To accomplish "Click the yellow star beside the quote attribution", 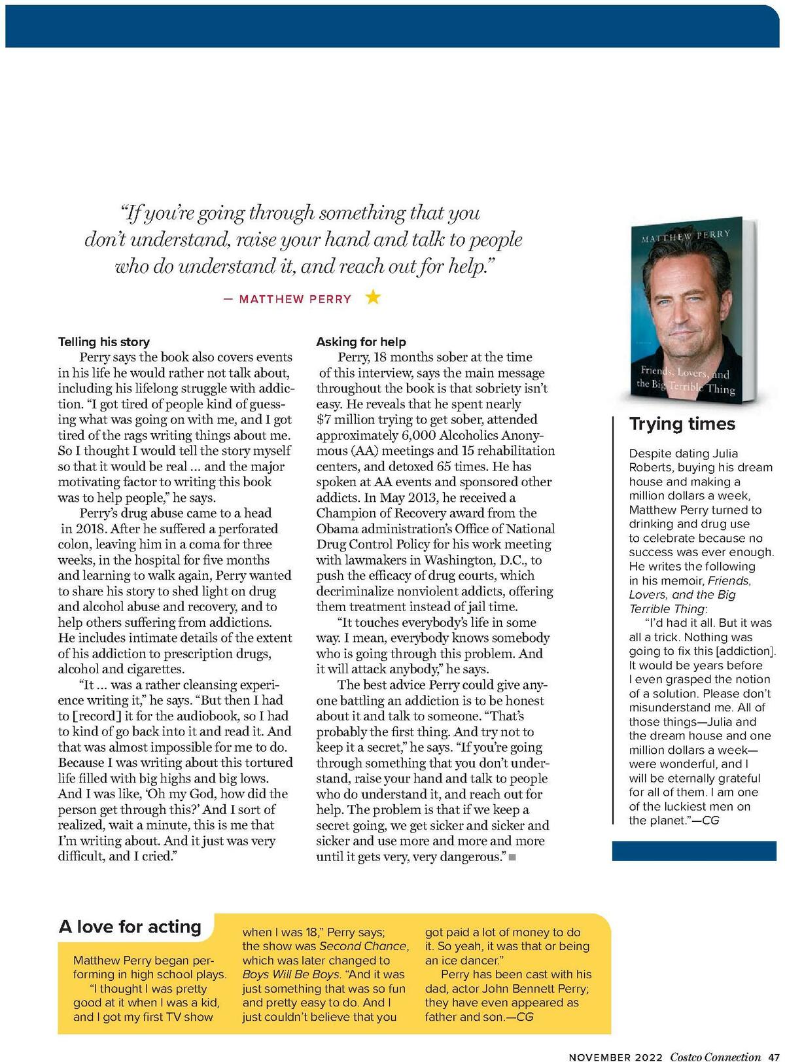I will click(373, 298).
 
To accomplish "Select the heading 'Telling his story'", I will click(103, 342).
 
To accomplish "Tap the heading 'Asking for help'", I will click(361, 342).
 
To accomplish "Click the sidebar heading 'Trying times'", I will click(682, 424).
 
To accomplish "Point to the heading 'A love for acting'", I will click(130, 927).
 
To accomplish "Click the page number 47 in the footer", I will click(773, 1056).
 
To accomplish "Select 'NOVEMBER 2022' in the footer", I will click(616, 1056).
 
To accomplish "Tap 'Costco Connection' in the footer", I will click(715, 1056).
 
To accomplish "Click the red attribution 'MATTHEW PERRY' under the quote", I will click(295, 299).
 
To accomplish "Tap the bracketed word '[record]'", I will click(97, 716).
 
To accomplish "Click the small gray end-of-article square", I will click(512, 857).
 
